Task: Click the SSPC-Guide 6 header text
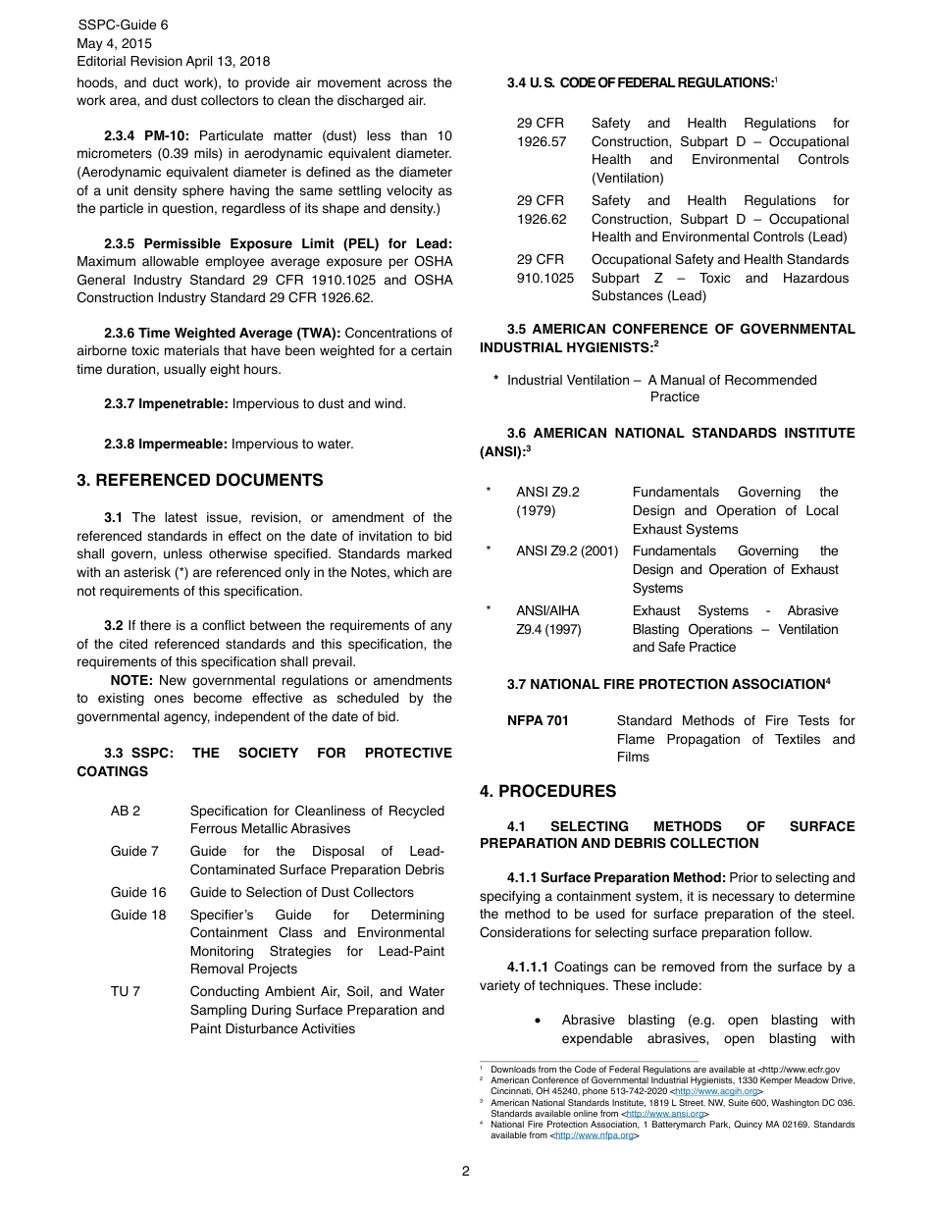coord(122,26)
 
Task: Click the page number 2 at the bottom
coord(466,1171)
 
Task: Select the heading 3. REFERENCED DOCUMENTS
coord(200,481)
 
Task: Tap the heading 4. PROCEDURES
coord(547,791)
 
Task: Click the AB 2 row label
coord(126,812)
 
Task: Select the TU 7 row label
coord(126,992)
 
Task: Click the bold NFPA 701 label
coord(538,721)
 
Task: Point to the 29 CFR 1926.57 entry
coord(542,132)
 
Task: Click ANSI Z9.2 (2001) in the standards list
coord(567,551)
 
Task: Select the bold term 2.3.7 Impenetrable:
coord(166,404)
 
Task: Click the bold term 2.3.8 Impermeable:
coord(165,445)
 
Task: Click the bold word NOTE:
coord(131,681)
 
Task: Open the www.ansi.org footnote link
coord(666,1114)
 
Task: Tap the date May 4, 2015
coord(114,43)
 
